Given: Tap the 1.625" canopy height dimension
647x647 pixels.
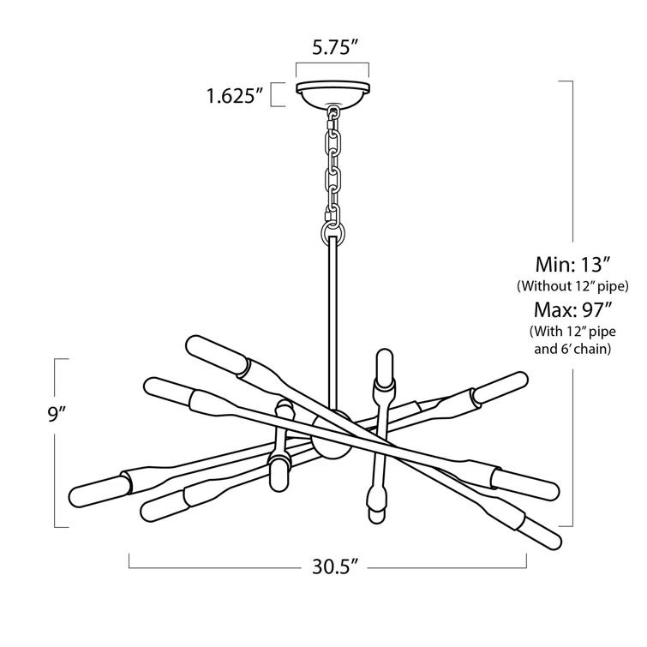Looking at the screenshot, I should [x=233, y=94].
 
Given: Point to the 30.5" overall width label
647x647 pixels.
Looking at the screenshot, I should [x=329, y=566].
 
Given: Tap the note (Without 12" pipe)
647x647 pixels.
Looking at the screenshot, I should [x=572, y=285].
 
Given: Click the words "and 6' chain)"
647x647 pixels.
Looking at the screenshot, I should [x=572, y=349].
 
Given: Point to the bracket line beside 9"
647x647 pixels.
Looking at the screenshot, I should [x=57, y=442].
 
